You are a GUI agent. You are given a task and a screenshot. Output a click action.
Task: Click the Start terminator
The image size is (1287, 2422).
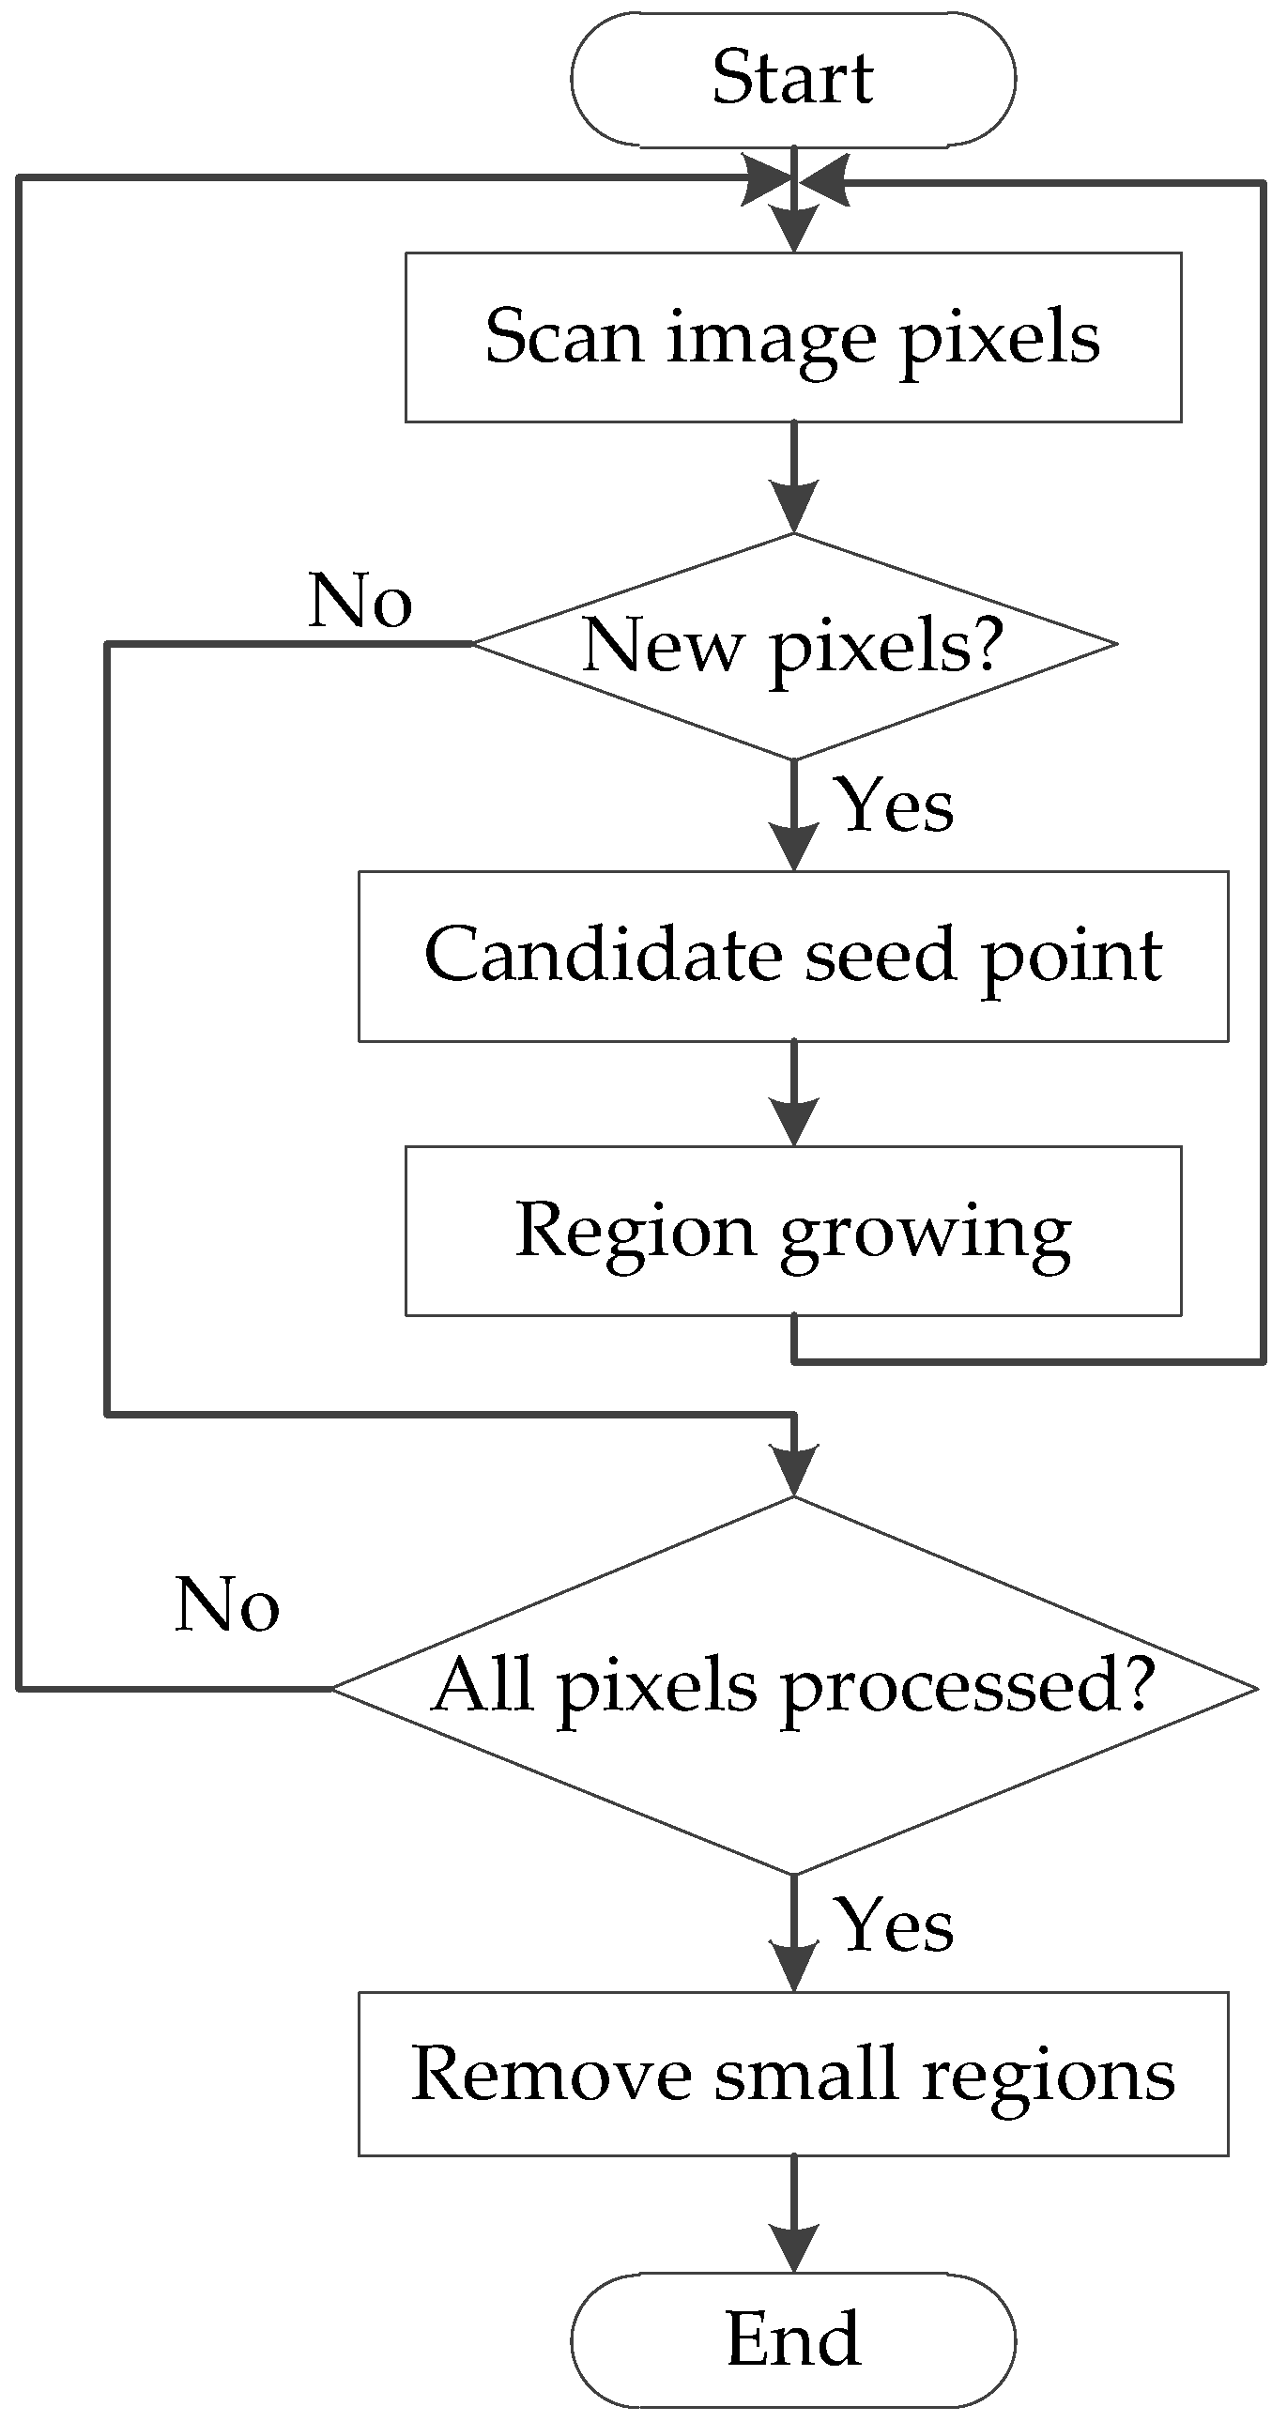[792, 79]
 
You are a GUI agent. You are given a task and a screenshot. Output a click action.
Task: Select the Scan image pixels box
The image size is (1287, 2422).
[792, 337]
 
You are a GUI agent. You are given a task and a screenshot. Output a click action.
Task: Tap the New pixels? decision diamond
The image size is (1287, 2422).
[792, 645]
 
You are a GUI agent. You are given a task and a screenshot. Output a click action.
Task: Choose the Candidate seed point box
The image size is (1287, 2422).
[792, 956]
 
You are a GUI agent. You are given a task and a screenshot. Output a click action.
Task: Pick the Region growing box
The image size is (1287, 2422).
[792, 1230]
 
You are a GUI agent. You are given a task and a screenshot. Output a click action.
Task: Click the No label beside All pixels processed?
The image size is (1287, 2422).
[226, 1604]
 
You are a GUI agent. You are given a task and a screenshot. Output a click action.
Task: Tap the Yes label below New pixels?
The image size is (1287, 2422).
[896, 806]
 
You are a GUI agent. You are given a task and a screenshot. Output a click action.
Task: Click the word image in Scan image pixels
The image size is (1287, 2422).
[771, 339]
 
